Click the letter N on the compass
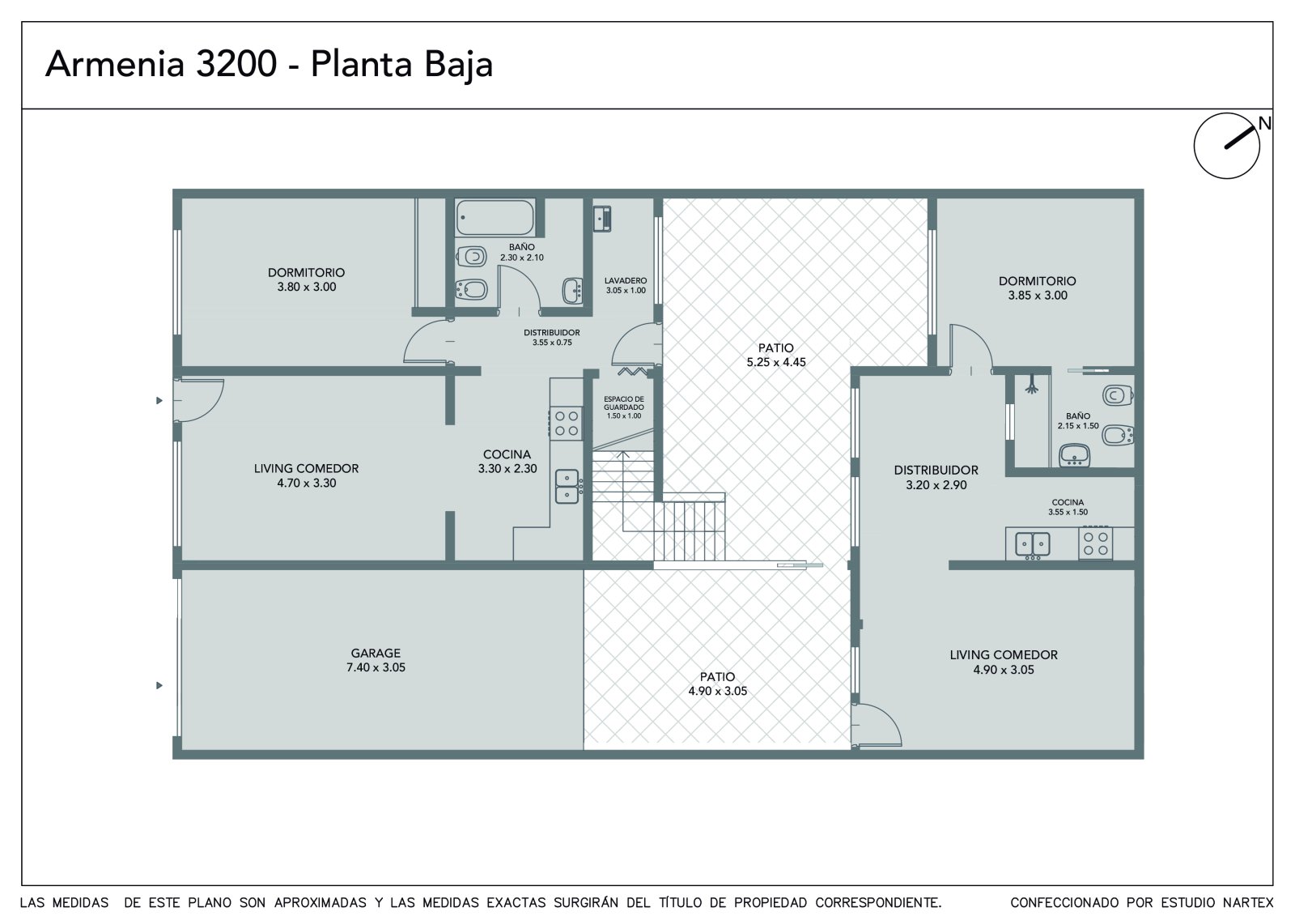click(x=1264, y=123)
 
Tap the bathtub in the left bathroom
click(x=495, y=218)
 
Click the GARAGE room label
click(x=376, y=653)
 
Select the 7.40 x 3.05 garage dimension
click(x=376, y=667)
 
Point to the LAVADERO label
click(x=626, y=281)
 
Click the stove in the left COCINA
click(x=566, y=423)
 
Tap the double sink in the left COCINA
click(x=567, y=486)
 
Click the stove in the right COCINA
click(x=1095, y=543)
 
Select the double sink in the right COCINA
click(x=1033, y=544)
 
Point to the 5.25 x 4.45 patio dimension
click(x=776, y=362)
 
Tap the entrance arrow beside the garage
click(x=159, y=686)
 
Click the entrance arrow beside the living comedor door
click(x=159, y=400)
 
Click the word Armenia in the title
click(x=115, y=64)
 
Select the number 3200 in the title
click(x=236, y=64)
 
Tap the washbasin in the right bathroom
click(x=1074, y=455)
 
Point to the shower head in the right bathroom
click(x=1032, y=385)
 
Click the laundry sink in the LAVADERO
click(x=602, y=219)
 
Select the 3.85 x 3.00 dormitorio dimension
click(x=1038, y=295)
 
